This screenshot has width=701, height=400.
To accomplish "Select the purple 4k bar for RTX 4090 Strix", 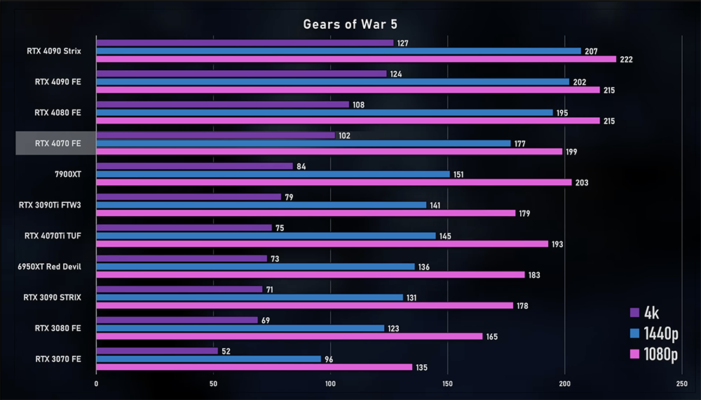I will [245, 43].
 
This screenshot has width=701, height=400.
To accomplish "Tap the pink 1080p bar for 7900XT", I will [333, 182].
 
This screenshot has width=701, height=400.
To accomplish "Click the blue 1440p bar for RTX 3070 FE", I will [208, 359].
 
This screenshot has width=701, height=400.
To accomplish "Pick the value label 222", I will [626, 60].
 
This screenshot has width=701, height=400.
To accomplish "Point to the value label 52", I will [226, 351].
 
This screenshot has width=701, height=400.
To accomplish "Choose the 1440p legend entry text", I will [661, 333].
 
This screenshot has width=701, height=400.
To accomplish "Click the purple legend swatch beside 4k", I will [634, 313].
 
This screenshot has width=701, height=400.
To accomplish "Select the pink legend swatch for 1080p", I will [634, 354].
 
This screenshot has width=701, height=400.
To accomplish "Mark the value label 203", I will [582, 183].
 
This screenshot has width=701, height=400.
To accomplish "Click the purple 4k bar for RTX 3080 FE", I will [177, 320].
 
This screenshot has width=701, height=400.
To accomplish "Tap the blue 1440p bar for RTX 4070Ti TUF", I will [266, 236].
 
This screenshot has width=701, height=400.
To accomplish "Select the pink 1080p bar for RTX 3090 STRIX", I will [305, 305].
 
